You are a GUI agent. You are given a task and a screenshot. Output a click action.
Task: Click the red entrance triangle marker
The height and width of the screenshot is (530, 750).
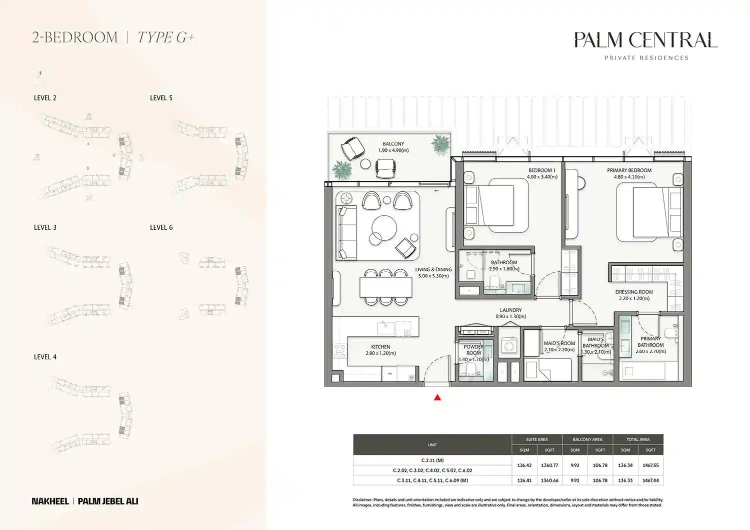437,398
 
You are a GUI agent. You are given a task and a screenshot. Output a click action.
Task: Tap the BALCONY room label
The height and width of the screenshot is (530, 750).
393,144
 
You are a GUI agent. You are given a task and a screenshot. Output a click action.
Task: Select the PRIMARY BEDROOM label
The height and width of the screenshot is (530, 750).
629,170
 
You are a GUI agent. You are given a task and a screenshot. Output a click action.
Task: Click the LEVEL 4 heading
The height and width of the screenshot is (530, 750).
45,357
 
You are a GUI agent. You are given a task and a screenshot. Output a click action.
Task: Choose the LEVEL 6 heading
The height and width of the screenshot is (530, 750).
161,227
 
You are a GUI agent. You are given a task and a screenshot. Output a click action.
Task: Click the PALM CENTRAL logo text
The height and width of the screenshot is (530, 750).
645,40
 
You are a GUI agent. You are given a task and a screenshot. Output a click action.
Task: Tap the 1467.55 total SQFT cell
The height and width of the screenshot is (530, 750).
650,465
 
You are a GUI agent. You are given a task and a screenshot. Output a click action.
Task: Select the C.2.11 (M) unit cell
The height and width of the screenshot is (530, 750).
432,460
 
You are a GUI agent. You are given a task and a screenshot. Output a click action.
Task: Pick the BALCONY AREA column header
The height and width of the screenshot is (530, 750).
587,440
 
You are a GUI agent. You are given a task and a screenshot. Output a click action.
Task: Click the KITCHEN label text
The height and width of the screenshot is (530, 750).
380,347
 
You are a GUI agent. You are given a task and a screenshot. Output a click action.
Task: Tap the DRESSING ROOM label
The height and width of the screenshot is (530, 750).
634,292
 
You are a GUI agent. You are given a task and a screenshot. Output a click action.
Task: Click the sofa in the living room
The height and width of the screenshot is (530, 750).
346,233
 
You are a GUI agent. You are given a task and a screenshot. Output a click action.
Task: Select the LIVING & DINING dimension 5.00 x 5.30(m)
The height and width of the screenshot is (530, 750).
433,276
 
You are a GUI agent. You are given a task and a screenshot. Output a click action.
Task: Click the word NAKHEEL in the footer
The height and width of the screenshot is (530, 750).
50,501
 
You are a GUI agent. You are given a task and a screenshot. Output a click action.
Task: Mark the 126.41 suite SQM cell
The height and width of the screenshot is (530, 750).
524,481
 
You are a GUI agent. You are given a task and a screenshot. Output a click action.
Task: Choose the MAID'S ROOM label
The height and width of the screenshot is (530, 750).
559,343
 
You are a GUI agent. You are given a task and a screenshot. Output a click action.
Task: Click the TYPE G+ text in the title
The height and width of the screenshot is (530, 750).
165,37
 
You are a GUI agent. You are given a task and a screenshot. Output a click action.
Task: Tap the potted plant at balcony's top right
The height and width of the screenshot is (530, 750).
441,144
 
